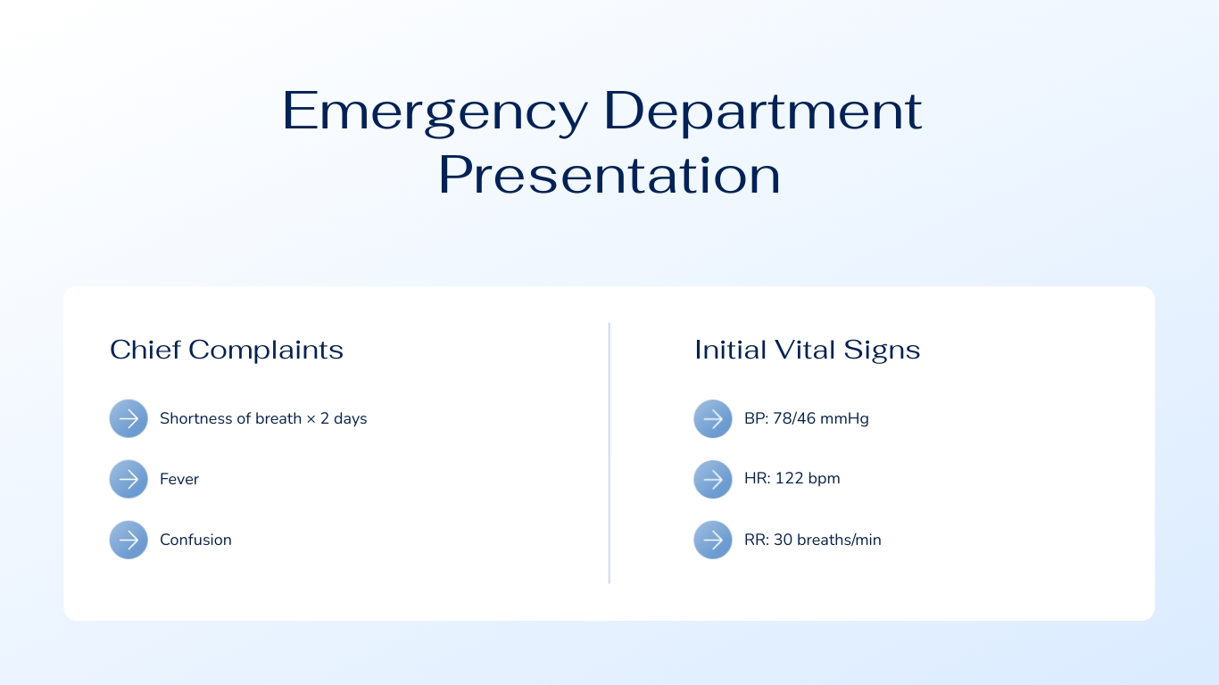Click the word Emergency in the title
[x=435, y=112]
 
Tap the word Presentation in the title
[x=609, y=176]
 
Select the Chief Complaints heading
[x=227, y=350]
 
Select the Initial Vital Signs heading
[x=807, y=350]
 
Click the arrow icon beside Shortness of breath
[x=129, y=418]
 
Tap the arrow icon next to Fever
[x=129, y=479]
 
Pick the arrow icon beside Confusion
[x=129, y=540]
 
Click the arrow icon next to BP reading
[x=713, y=418]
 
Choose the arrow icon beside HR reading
[x=713, y=479]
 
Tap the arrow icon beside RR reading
[x=713, y=540]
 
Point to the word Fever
[x=179, y=479]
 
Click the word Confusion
[x=195, y=540]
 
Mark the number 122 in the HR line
[x=789, y=478]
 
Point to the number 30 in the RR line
[x=783, y=540]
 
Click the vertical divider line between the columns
[x=609, y=452]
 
